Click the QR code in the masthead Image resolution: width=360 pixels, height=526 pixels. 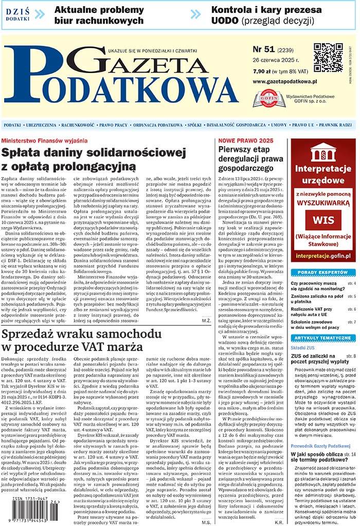tap(328, 58)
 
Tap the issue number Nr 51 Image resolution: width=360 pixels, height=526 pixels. tap(264, 50)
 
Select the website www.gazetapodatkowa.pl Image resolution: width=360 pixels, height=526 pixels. tap(285, 81)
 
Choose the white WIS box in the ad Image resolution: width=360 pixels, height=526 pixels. tap(322, 220)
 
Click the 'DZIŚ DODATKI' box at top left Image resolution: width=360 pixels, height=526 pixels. tap(17, 14)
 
